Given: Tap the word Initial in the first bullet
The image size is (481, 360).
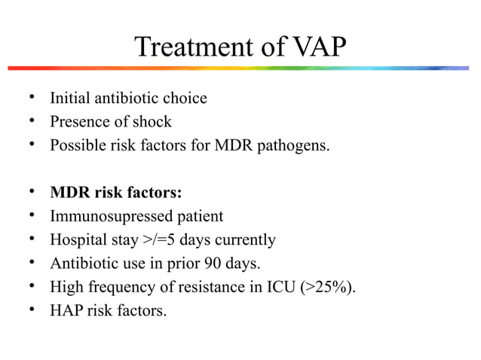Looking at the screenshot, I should click(69, 98).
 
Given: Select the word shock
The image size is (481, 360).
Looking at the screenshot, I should click(152, 121).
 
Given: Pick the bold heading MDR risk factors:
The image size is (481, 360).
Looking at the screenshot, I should click(115, 193).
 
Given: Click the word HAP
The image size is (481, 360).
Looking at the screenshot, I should click(66, 310).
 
